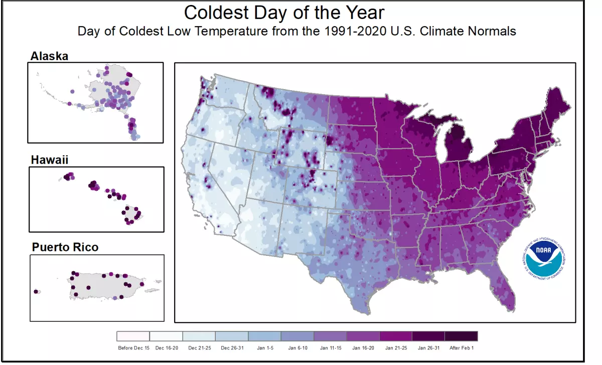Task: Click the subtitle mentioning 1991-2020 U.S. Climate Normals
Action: click(x=296, y=31)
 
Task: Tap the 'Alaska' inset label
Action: click(x=49, y=56)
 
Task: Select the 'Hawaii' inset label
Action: click(x=49, y=160)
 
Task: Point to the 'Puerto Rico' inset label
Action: click(x=65, y=247)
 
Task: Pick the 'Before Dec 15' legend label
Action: click(x=133, y=347)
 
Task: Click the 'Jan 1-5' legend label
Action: click(x=264, y=347)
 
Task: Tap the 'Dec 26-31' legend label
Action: click(x=231, y=347)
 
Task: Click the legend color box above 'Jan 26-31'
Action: click(x=428, y=336)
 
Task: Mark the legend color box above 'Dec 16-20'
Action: click(x=166, y=336)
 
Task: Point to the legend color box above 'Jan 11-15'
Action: click(x=330, y=336)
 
